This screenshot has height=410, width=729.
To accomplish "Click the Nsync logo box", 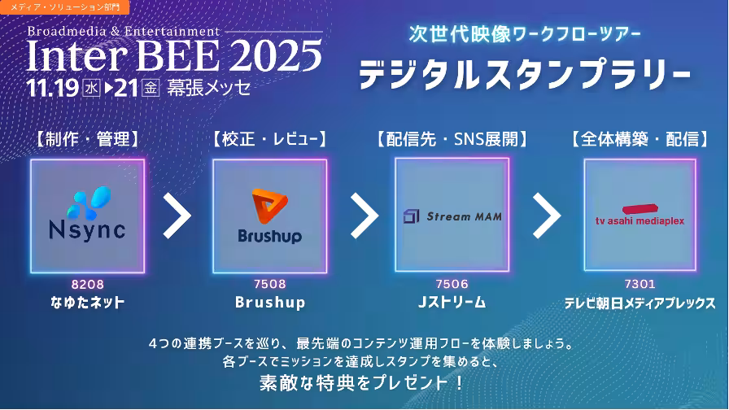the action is point(87,216).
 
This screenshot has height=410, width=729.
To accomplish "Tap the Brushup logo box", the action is point(269,216).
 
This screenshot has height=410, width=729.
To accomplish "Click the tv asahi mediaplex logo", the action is point(640,215).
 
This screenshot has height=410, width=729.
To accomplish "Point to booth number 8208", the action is point(87,285).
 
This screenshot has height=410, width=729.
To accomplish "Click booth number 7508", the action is point(269,284).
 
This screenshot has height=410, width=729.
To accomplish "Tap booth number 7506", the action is point(452,284).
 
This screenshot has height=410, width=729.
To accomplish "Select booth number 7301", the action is point(640,284).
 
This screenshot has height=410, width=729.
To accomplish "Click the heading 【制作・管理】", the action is point(87,139).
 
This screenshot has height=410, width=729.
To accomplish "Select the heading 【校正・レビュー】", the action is point(269,139).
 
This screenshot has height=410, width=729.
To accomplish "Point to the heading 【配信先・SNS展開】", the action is point(452,139).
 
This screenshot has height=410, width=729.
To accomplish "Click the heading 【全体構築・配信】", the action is point(640,139).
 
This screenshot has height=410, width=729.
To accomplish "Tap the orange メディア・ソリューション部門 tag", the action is point(64,7).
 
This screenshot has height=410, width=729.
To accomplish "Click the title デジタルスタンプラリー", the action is point(525,74).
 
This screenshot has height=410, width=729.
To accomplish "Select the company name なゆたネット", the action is point(87,303).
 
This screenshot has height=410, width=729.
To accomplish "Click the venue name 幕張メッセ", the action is point(209,87).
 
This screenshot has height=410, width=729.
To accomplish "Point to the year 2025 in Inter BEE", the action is point(275,56).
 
